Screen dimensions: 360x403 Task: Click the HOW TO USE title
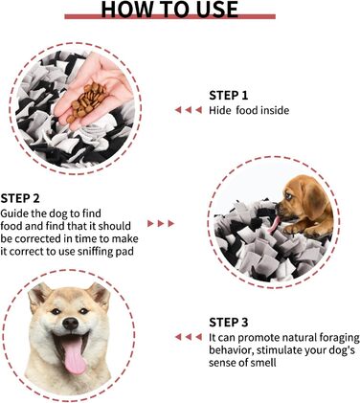pyautogui.click(x=169, y=9)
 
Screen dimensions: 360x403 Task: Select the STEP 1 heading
pyautogui.click(x=229, y=96)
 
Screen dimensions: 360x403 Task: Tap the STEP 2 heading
pyautogui.click(x=20, y=198)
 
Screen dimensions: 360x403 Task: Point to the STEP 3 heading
pyautogui.click(x=229, y=323)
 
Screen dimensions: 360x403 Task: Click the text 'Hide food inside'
pyautogui.click(x=249, y=110)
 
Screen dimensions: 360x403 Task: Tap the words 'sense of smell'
pyautogui.click(x=242, y=363)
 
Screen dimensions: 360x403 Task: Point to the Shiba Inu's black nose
pyautogui.click(x=70, y=324)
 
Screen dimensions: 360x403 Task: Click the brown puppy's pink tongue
pyautogui.click(x=275, y=225)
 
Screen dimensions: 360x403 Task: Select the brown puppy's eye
pyautogui.click(x=288, y=195)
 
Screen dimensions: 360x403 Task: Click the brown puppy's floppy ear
pyautogui.click(x=313, y=198)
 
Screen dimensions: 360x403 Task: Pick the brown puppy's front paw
pyautogui.click(x=292, y=229)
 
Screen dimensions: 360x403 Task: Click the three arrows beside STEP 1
pyautogui.click(x=189, y=110)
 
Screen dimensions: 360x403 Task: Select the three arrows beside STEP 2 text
pyautogui.click(x=161, y=223)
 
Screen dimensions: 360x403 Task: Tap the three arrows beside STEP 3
pyautogui.click(x=189, y=337)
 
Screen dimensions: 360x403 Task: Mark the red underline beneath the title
pyautogui.click(x=169, y=16)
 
